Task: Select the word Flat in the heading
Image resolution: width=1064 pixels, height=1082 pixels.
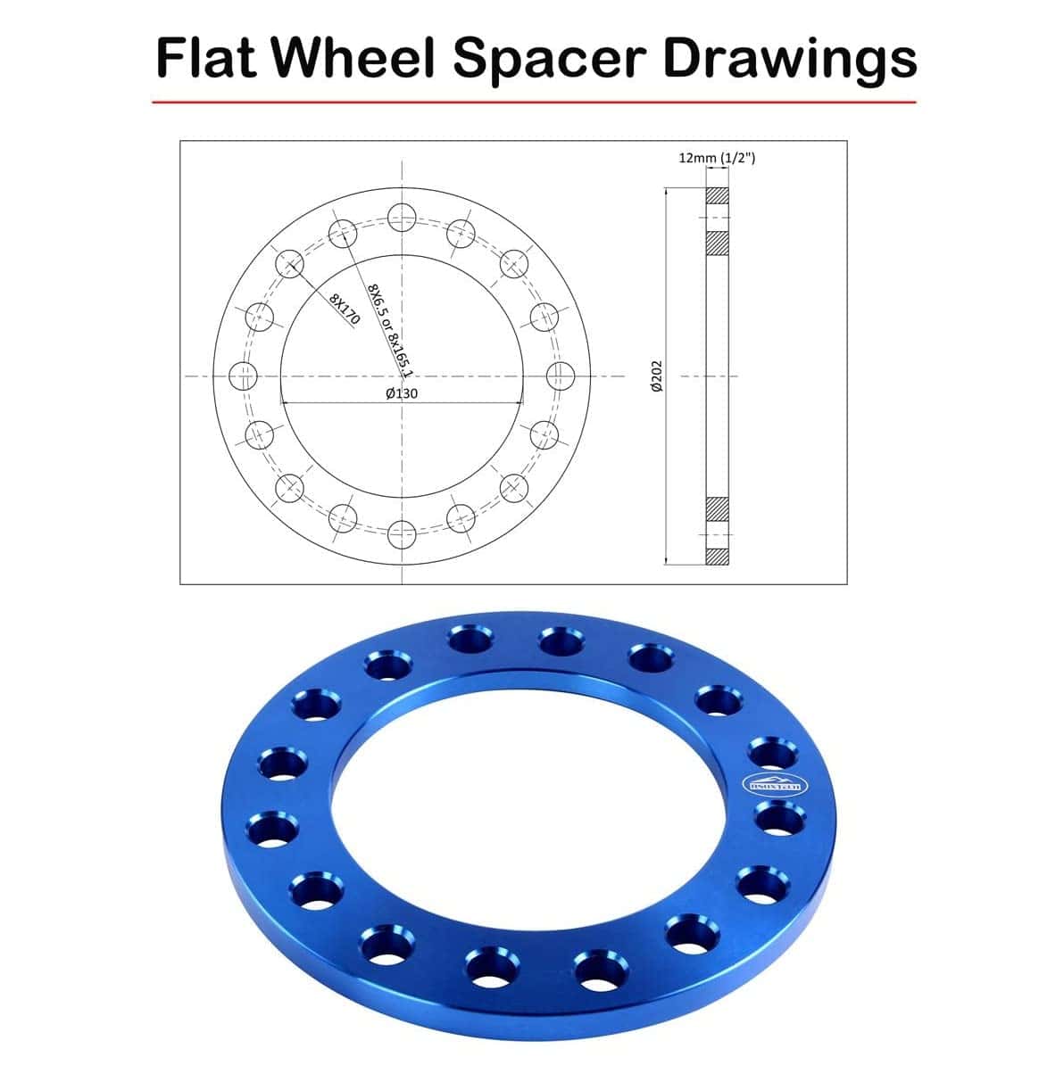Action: [x=207, y=58]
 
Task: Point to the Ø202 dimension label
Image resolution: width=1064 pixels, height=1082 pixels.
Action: [x=656, y=376]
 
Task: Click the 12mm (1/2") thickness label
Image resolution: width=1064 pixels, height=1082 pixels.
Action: [x=718, y=158]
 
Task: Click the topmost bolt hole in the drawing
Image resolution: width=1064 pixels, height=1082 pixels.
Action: [x=402, y=215]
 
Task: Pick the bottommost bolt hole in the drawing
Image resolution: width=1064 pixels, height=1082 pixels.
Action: [x=402, y=534]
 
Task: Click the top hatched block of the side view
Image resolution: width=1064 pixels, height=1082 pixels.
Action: [x=718, y=194]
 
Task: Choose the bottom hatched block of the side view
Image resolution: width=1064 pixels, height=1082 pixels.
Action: [x=718, y=556]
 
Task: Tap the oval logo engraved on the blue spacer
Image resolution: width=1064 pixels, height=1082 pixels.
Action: [x=774, y=785]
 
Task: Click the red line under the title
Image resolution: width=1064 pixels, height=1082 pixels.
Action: [x=533, y=103]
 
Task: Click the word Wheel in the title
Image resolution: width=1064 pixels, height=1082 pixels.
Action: [x=353, y=58]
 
